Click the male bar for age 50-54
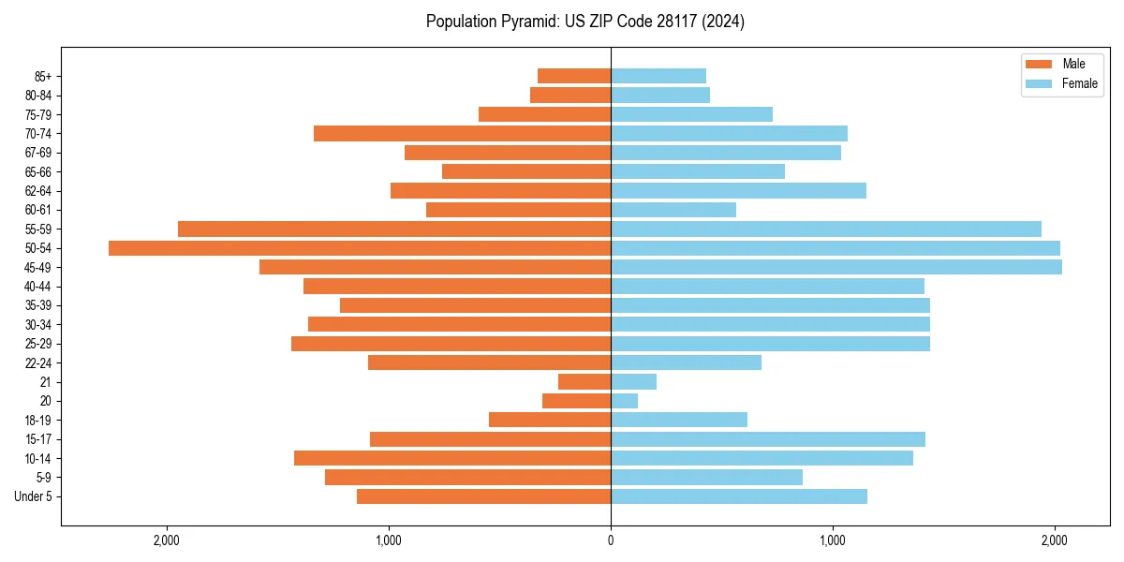[x=360, y=248]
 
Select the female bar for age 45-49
[x=836, y=267]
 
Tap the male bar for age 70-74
[x=462, y=134]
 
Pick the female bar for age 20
[x=625, y=401]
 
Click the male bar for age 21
[x=584, y=382]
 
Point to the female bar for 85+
[x=658, y=76]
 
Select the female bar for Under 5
[x=739, y=496]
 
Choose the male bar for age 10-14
[x=452, y=458]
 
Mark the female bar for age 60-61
[x=673, y=210]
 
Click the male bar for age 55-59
[x=394, y=229]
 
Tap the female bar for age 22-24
[x=686, y=362]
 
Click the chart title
[x=585, y=22]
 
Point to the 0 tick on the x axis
[x=611, y=540]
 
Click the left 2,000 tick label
[x=167, y=540]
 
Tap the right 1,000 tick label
[x=833, y=540]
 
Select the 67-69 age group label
[x=38, y=153]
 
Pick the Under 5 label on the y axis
[x=33, y=496]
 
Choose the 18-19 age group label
[x=38, y=420]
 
